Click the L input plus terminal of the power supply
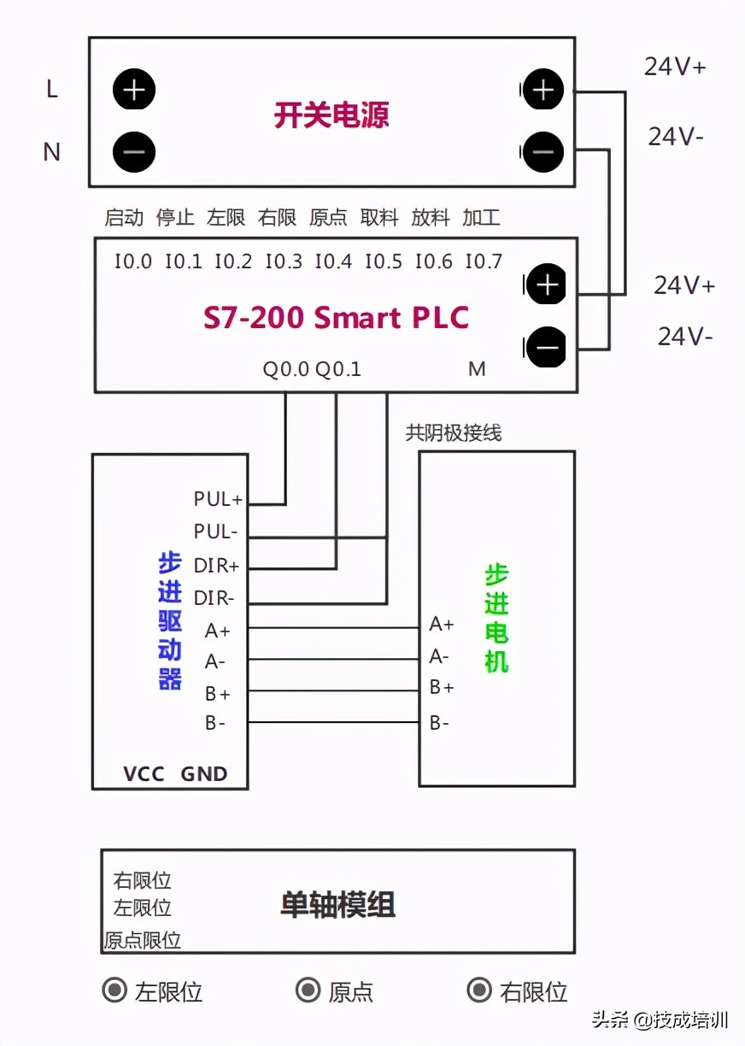tap(134, 90)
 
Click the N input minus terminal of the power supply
tap(134, 152)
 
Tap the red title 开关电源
tap(331, 115)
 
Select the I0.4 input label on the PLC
tap(333, 261)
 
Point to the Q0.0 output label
tap(286, 369)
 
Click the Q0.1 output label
tap(338, 369)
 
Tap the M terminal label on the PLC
tap(477, 369)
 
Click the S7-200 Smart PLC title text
tap(336, 318)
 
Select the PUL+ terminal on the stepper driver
tap(218, 498)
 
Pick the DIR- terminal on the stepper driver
tap(214, 598)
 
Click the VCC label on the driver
tap(144, 774)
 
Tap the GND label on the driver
tap(204, 774)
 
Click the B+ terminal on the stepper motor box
tap(442, 687)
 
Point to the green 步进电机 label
tap(496, 618)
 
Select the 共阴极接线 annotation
tap(454, 433)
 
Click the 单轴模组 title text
tap(337, 905)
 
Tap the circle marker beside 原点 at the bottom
tap(308, 990)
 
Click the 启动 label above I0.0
tap(124, 218)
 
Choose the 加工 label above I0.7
tap(481, 218)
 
